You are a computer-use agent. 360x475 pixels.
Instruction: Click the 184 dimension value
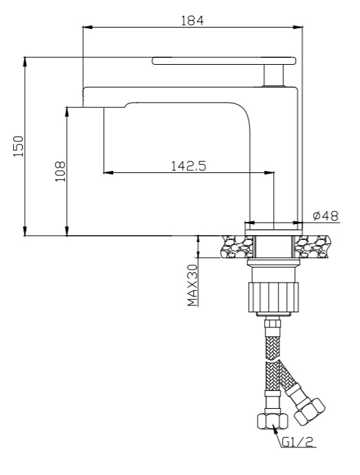coord(192,20)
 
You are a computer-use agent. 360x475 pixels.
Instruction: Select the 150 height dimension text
coord(19,146)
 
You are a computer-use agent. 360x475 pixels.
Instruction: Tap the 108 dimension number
coord(60,171)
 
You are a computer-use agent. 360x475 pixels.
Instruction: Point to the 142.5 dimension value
coord(188,165)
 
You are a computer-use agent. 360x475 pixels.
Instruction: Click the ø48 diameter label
coord(326,216)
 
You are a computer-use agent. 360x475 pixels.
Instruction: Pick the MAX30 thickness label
coord(192,285)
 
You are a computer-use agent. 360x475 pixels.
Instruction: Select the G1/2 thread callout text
coord(297,443)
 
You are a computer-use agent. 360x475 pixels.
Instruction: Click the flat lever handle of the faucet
coord(224,61)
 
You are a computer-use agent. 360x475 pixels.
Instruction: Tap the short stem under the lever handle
coord(274,75)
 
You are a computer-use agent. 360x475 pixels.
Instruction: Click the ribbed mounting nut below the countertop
coord(273,297)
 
